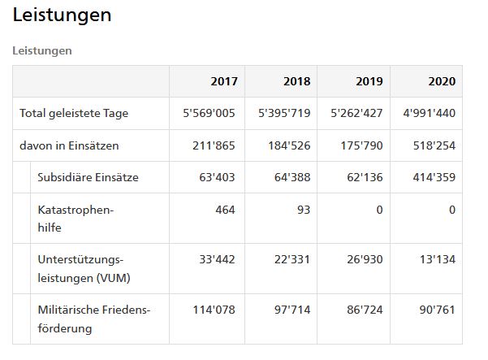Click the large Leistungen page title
click(62, 15)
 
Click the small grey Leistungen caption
click(42, 50)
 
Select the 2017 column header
click(224, 81)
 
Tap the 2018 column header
click(297, 81)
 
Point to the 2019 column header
click(369, 81)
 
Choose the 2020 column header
click(442, 81)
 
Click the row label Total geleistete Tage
click(74, 113)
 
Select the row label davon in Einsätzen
click(69, 145)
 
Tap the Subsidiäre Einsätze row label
click(88, 177)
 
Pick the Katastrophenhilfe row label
click(76, 219)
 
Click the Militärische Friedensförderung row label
click(94, 319)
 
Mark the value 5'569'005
click(209, 113)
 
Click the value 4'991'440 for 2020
click(430, 113)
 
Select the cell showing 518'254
click(434, 145)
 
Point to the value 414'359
click(434, 177)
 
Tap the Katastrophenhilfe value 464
click(225, 210)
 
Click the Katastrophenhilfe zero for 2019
click(379, 210)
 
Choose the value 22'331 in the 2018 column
click(292, 259)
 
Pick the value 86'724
click(365, 310)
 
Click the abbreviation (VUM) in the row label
click(114, 278)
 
